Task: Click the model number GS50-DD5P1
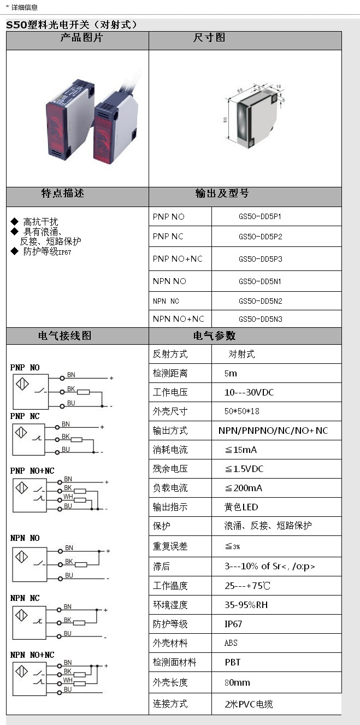click(x=259, y=216)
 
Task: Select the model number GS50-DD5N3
click(x=259, y=319)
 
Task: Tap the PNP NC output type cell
click(x=168, y=237)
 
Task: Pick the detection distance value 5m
click(x=231, y=374)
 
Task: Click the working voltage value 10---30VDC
click(x=249, y=392)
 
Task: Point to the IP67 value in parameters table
click(x=233, y=624)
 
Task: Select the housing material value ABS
click(x=231, y=643)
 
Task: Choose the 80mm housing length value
click(x=237, y=682)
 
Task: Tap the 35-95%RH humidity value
click(x=246, y=605)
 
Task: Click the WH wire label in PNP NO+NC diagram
click(x=68, y=496)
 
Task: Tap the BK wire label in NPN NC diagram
click(x=68, y=620)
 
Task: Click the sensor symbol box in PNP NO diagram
click(x=22, y=384)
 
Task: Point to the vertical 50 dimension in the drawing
click(x=225, y=120)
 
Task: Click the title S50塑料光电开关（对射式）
click(x=72, y=25)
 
